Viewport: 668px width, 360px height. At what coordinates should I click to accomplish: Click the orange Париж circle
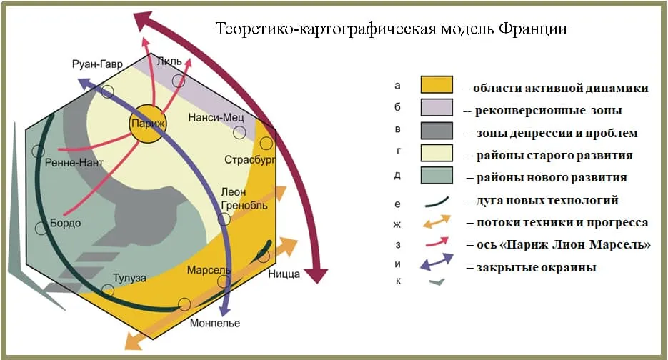coord(147,124)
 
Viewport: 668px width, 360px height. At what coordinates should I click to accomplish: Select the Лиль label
coord(173,62)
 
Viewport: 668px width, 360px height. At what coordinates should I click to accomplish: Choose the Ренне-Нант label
coord(74,164)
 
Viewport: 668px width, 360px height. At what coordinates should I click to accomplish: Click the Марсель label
coord(209,271)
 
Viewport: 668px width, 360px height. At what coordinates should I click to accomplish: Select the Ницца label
coord(284,274)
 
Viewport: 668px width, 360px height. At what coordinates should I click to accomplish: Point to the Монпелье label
coord(215,323)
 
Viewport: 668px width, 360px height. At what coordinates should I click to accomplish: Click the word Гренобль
coord(244,206)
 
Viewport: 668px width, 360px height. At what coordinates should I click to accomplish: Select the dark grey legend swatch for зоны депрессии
coord(437,131)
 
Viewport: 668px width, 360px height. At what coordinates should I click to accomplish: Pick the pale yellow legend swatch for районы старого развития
coord(437,154)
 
